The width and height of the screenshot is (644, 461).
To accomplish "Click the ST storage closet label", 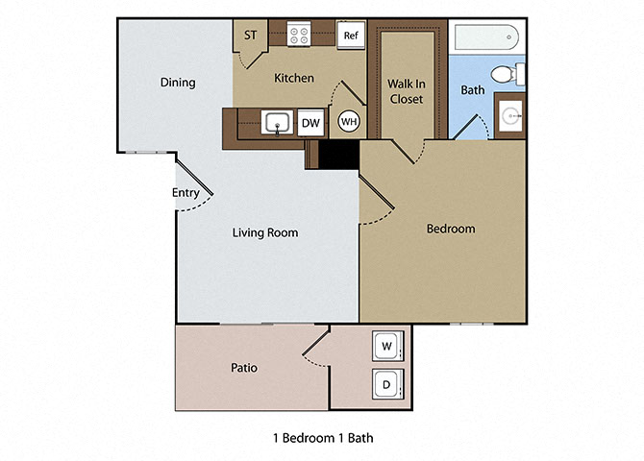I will click(251, 36).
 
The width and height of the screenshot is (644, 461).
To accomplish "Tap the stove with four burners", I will click(298, 36).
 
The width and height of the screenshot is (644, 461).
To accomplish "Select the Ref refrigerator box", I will click(351, 36).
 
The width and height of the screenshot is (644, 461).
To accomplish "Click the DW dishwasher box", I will click(310, 123).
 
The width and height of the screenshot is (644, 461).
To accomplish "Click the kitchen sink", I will click(278, 123).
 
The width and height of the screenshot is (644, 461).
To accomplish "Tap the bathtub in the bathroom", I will click(485, 39).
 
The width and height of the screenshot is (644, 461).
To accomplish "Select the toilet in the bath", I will click(505, 74).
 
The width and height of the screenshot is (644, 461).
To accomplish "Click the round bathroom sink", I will click(509, 117).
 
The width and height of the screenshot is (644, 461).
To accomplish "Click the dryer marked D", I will click(386, 384).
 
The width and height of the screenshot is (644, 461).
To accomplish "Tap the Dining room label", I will click(178, 83).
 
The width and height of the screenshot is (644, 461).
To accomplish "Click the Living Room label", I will click(265, 232).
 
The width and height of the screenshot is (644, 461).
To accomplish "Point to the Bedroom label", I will click(451, 229).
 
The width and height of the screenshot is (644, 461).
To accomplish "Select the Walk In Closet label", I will click(406, 91).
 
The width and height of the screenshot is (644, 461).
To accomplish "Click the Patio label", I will click(243, 367).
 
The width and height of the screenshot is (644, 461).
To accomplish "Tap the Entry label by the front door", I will click(186, 193).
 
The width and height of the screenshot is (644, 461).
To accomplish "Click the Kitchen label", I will click(294, 78).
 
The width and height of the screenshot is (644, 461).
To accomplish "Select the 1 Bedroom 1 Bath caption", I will click(323, 438).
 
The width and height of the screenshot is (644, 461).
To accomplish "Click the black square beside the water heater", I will click(338, 154).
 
